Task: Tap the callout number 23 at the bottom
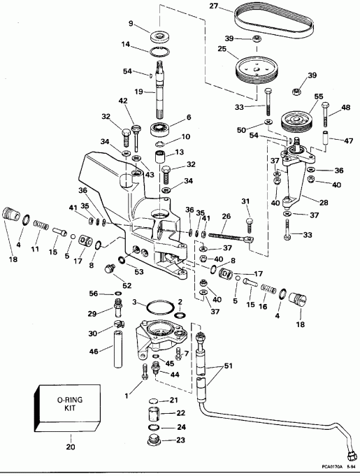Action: tap(181, 440)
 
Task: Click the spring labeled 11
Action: tap(41, 228)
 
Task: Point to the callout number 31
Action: tap(245, 203)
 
